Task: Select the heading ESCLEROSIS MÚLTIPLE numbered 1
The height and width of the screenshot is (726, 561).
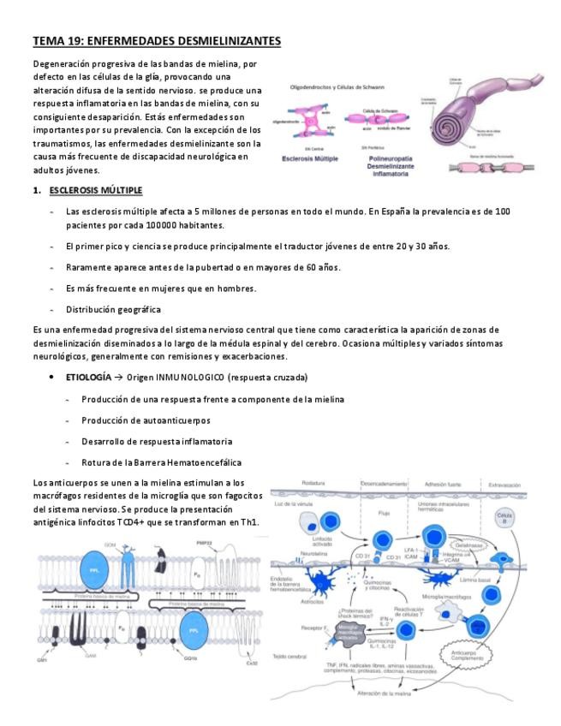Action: (x=95, y=189)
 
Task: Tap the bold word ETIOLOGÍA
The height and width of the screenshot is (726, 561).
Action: (x=87, y=377)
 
